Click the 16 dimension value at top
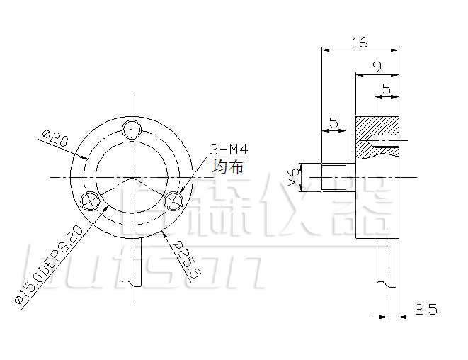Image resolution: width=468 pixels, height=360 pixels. click(359, 43)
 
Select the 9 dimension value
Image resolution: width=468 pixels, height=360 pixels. click(377, 67)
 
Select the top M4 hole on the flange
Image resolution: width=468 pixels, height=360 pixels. click(132, 129)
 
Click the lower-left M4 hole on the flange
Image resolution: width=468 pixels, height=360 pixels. click(91, 201)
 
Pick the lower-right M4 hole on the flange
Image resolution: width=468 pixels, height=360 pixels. click(173, 201)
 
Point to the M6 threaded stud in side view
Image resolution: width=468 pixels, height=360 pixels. click(333, 178)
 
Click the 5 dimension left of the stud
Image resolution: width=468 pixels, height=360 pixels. click(333, 123)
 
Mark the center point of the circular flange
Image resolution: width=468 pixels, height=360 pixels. click(132, 176)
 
